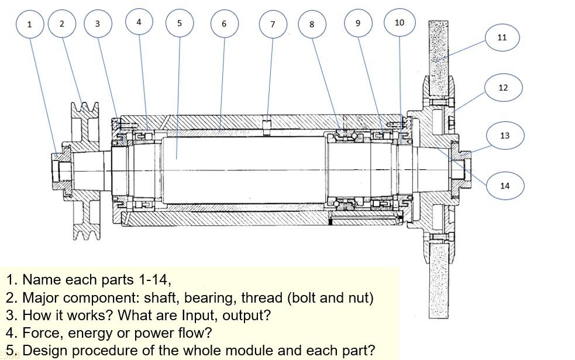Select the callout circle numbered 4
pyautogui.click(x=139, y=22)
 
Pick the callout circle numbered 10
pyautogui.click(x=400, y=23)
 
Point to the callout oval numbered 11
pyautogui.click(x=502, y=37)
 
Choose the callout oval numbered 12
pyautogui.click(x=503, y=88)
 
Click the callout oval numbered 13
pyautogui.click(x=505, y=135)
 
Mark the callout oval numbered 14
pyautogui.click(x=505, y=186)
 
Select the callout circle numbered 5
pyautogui.click(x=180, y=23)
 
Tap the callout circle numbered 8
pyautogui.click(x=312, y=24)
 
